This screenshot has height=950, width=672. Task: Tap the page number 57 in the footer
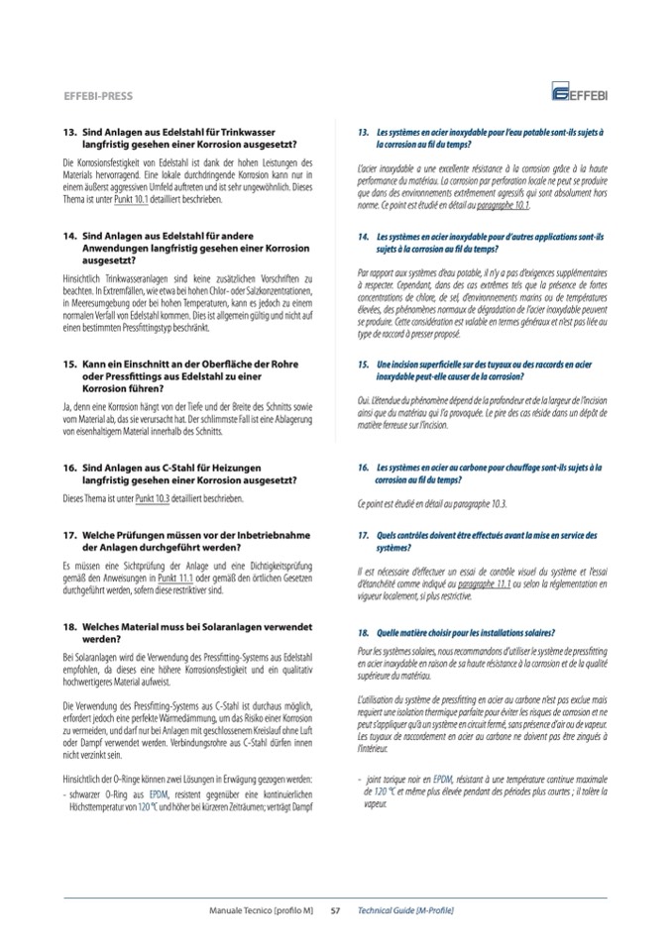coord(335,909)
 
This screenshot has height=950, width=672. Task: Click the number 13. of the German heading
coord(69,132)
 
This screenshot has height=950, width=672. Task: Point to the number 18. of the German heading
coord(69,627)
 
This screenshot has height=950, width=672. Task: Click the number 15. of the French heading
coord(364,365)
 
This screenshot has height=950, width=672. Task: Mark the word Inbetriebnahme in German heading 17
coord(248,535)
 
